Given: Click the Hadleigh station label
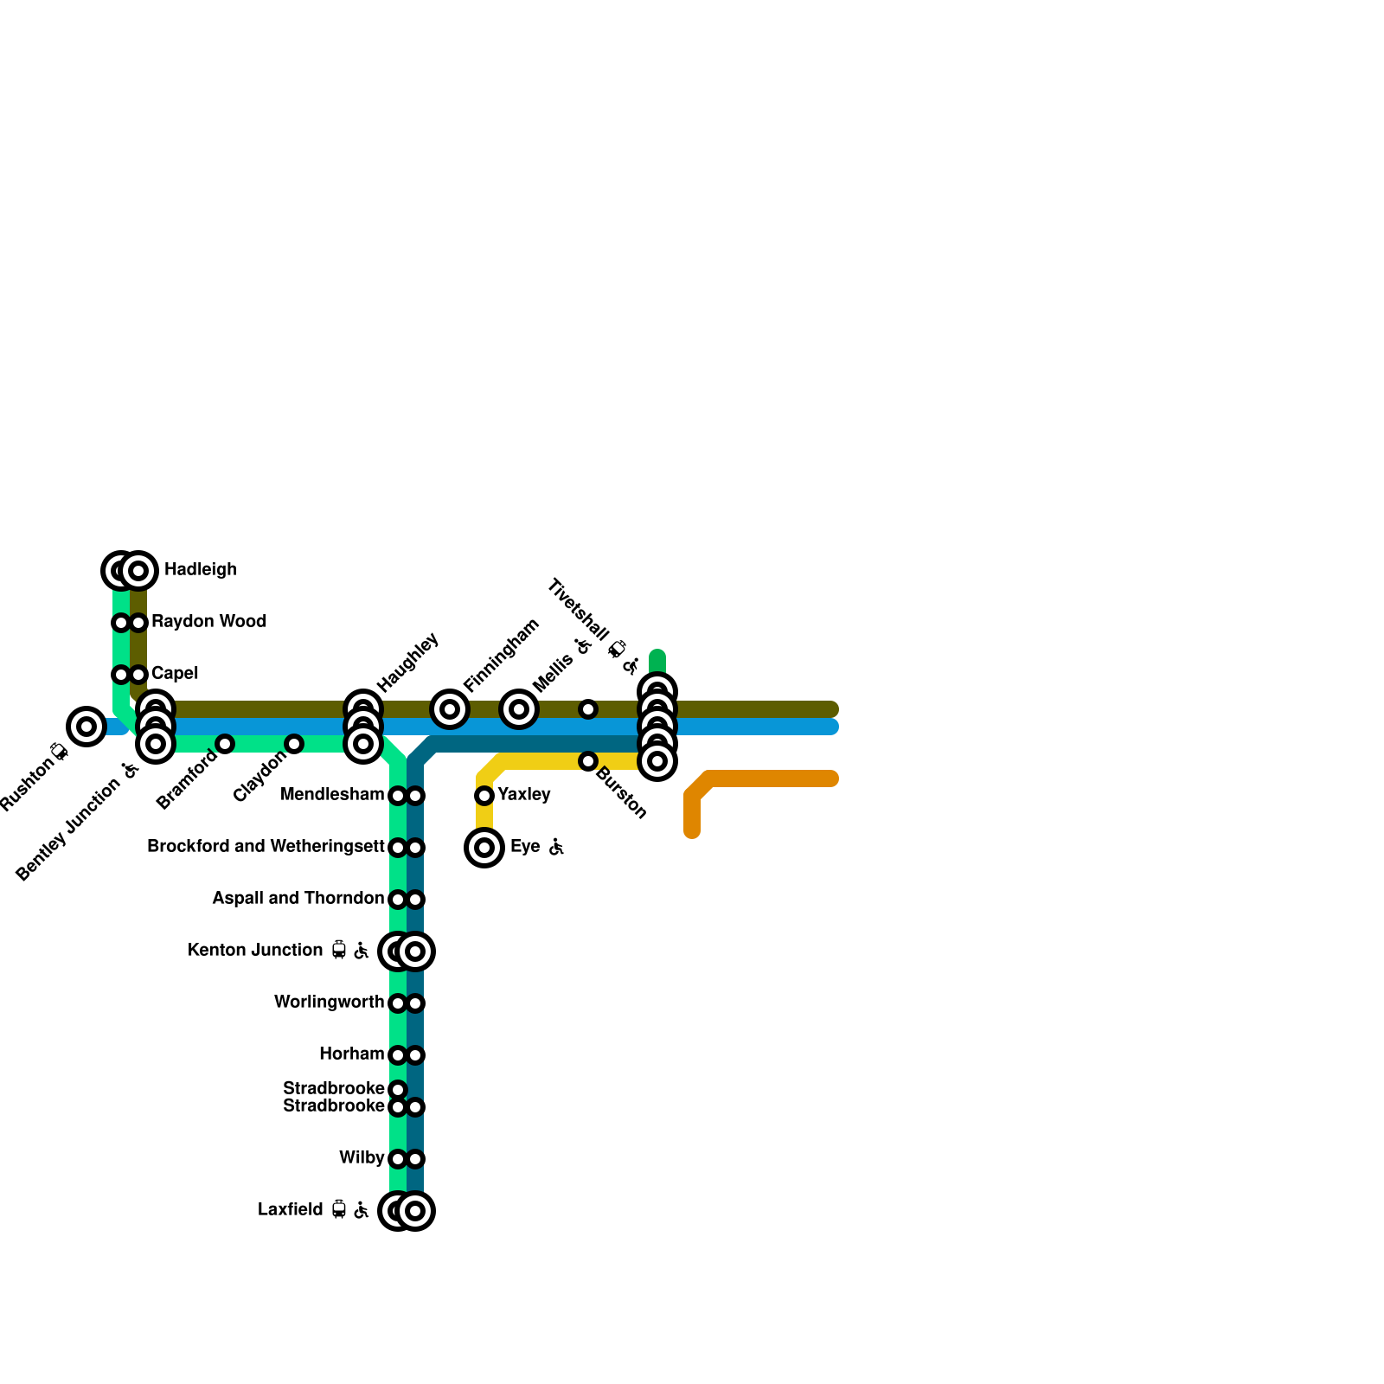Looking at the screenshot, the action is point(200,570).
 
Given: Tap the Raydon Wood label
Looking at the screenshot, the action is point(208,622).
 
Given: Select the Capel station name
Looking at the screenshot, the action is point(175,674).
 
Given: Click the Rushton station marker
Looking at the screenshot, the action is point(86,727).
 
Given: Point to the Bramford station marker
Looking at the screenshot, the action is point(225,744).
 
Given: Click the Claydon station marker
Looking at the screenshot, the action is point(294,744).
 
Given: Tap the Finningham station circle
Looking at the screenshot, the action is point(450,709).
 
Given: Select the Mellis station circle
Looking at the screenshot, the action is point(519,709).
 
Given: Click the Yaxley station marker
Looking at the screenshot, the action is point(484,796).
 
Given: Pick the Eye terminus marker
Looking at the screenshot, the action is point(484,848).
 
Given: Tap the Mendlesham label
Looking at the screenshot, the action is point(332,795).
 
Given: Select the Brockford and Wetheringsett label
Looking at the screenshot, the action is point(266,847).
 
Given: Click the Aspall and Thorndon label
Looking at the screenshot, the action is point(298,899).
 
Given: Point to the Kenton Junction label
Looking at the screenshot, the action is point(255,951).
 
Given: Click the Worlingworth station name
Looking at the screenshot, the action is point(329,1003).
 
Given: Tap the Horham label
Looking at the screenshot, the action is point(351,1054).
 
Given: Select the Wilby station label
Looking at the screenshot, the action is point(362,1158).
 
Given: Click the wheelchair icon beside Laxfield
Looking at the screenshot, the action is point(362,1210).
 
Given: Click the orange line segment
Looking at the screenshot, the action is point(770,779).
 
